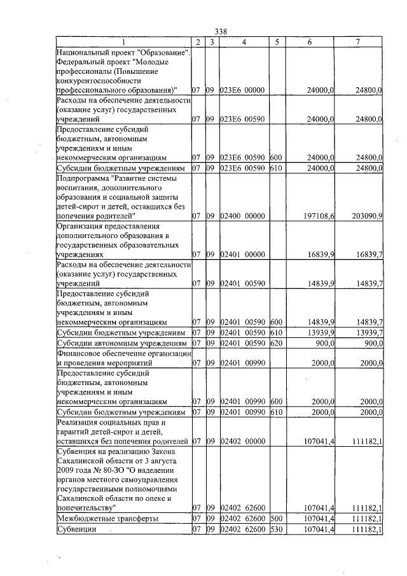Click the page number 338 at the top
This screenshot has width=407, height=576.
(x=221, y=32)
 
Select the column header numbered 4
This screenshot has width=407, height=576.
(x=244, y=42)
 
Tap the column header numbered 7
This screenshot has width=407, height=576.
(x=358, y=42)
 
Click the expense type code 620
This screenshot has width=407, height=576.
(x=275, y=344)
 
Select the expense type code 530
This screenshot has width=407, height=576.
(x=275, y=530)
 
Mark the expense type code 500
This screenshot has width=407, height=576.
(x=275, y=519)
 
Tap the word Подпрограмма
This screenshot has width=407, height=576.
(x=83, y=179)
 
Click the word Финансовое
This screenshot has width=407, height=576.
(x=79, y=353)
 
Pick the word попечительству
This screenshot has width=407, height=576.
(x=86, y=508)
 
